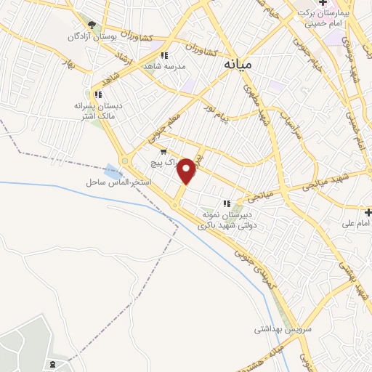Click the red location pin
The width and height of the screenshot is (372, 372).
(x=187, y=171)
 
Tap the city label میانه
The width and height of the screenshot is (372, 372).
(x=238, y=65)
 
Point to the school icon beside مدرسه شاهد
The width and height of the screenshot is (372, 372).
(x=165, y=55)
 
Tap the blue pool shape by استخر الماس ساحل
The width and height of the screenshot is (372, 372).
(x=113, y=171)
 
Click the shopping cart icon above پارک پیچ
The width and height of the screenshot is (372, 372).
(x=163, y=152)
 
